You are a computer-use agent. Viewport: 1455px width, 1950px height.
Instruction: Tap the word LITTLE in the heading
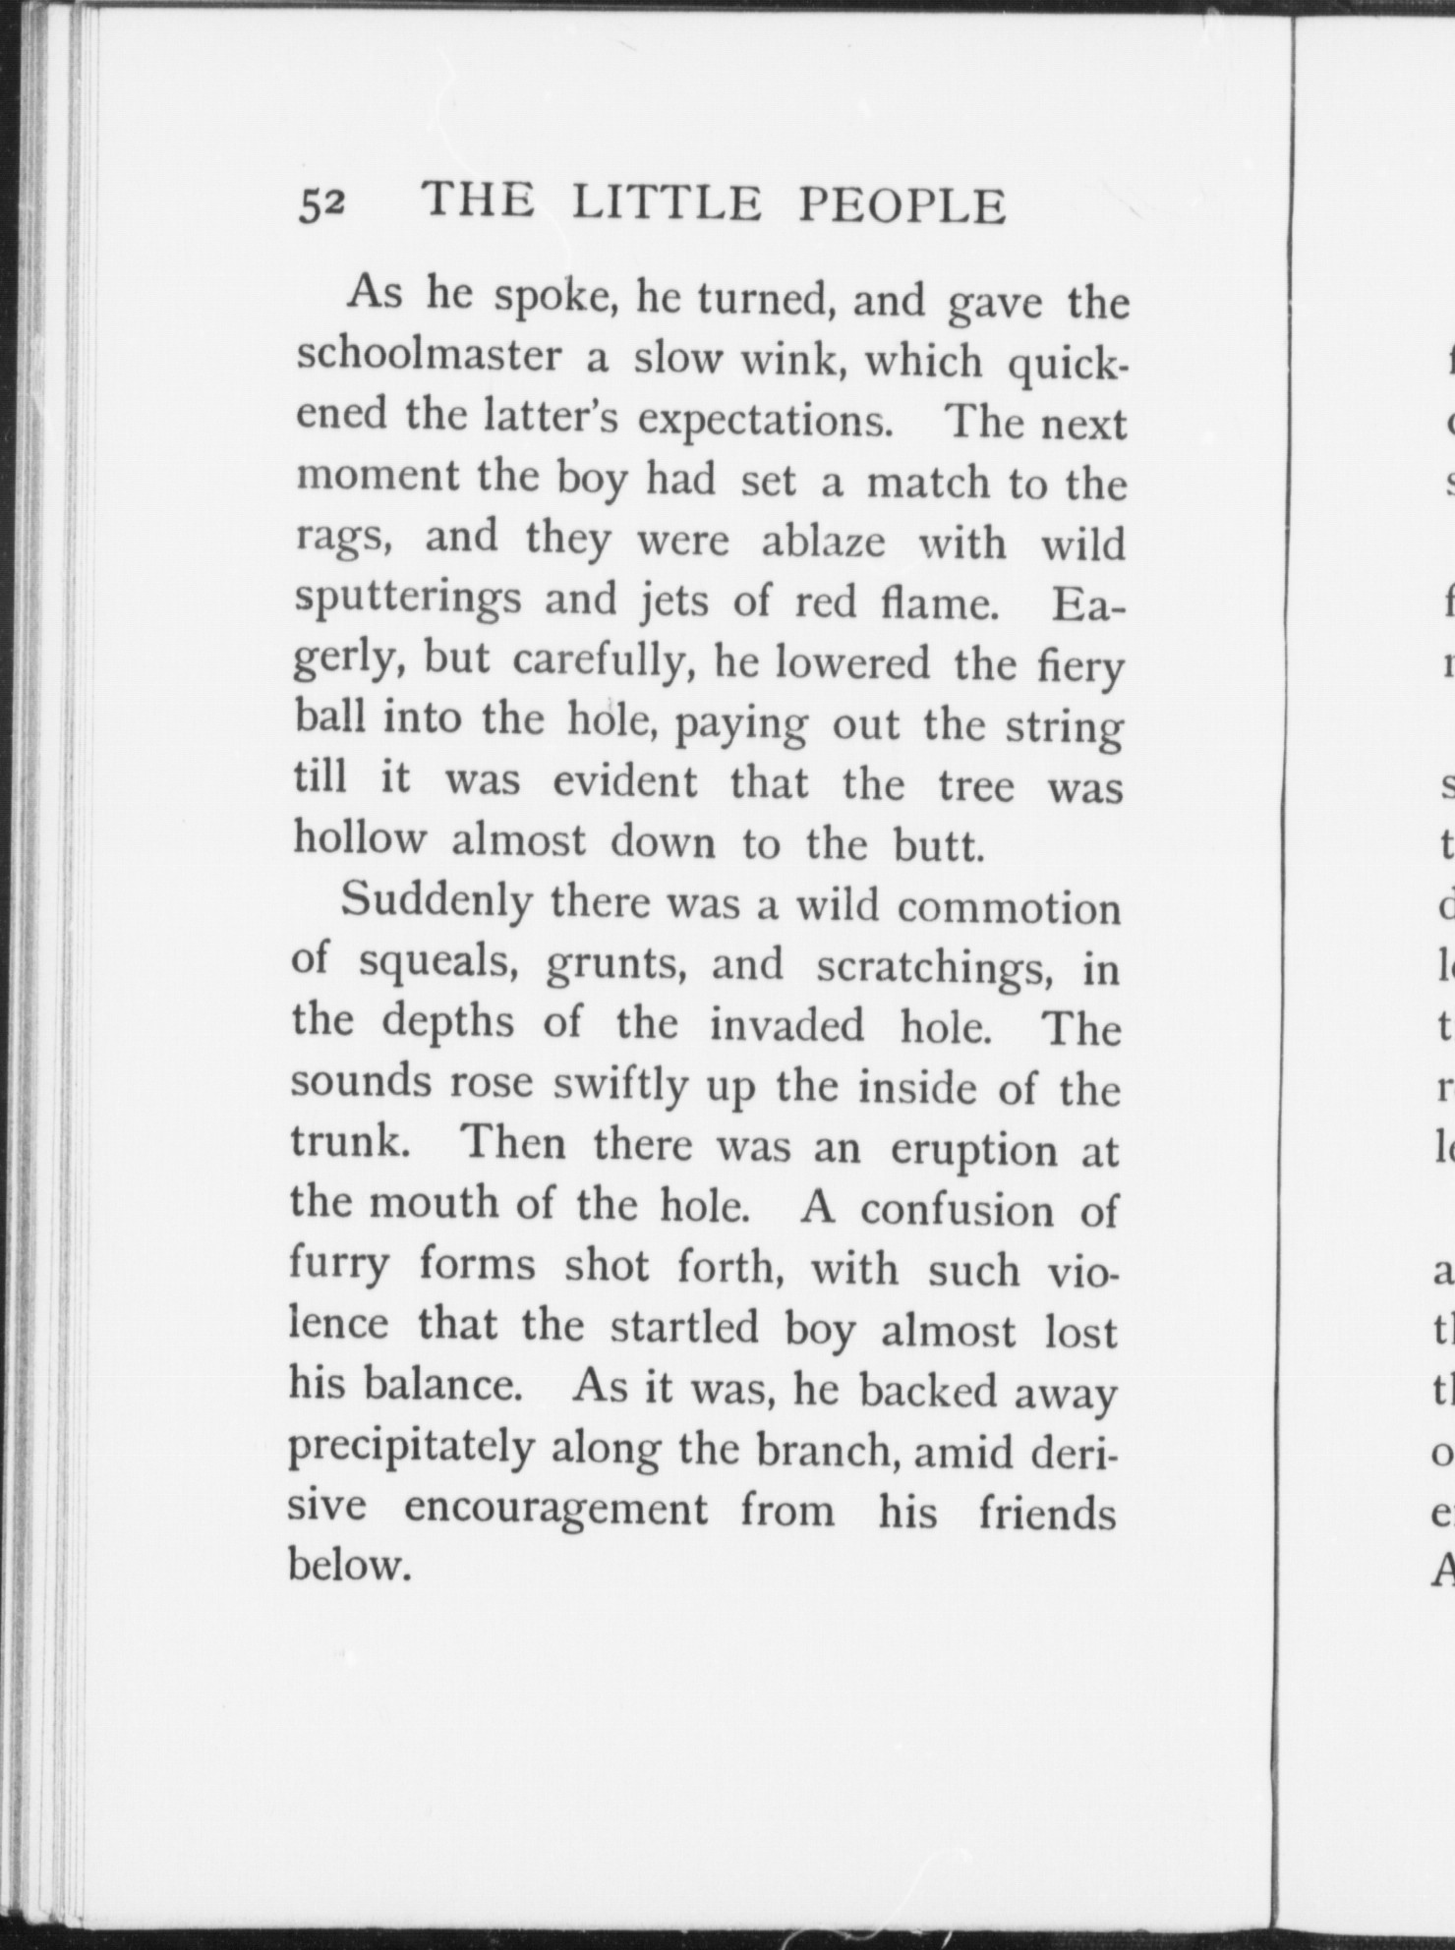pos(667,203)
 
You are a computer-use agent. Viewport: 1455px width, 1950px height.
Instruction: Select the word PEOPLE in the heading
pos(902,205)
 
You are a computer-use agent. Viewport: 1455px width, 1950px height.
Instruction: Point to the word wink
pos(795,362)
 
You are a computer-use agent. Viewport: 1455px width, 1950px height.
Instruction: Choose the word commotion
pos(1009,907)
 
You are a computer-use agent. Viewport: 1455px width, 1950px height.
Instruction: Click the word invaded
pos(786,1025)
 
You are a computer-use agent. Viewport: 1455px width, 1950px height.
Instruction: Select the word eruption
pos(973,1149)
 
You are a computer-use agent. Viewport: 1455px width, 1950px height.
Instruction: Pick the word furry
pos(339,1266)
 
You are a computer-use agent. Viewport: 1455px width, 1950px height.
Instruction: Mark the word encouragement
pos(555,1509)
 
